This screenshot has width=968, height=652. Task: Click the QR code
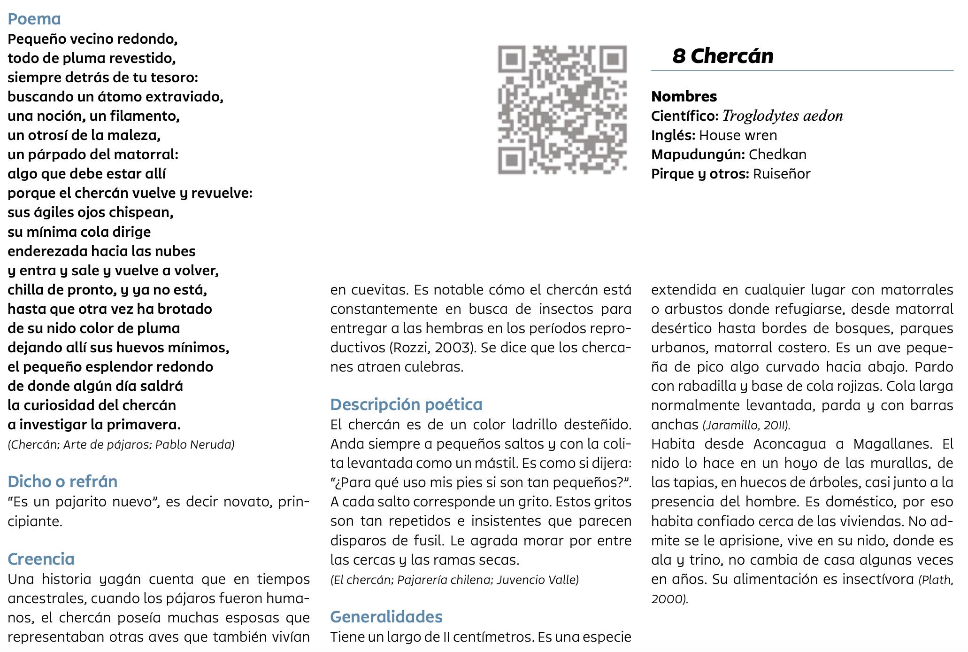pos(562,109)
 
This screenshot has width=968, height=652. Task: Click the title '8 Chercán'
pos(722,56)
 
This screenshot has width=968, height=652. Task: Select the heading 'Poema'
pos(34,19)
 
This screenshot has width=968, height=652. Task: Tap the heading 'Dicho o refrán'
pos(62,481)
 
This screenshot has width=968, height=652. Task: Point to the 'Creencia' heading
pos(41,559)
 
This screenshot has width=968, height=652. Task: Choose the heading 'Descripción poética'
pos(406,404)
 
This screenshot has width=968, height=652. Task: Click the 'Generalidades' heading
pos(386,617)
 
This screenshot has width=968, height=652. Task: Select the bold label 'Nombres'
pos(684,96)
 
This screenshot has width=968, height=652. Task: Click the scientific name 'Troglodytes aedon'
pos(783,116)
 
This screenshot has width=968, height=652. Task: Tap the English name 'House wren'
pos(738,135)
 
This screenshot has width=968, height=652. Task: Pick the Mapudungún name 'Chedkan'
pos(777,155)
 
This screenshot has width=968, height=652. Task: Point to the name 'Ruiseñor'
pos(782,174)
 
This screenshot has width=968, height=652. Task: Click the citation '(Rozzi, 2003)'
pos(429,348)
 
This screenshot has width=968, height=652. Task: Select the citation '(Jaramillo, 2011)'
pos(746,425)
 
